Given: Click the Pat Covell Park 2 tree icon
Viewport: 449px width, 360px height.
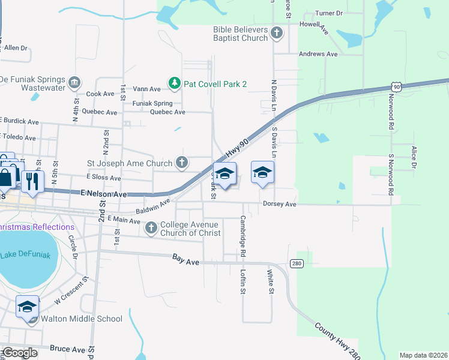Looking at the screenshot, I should coord(174,83).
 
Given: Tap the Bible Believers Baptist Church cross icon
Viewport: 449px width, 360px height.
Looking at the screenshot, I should coord(276,32).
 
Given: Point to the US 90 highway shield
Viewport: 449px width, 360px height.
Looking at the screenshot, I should coord(396,87).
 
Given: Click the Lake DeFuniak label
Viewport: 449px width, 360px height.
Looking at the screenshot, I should coord(29,255).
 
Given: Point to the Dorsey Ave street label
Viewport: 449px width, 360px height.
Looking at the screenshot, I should coord(280,204).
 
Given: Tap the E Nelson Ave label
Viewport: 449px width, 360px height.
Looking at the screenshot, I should coord(103,194).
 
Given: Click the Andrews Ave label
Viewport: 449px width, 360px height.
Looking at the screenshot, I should coord(318,54).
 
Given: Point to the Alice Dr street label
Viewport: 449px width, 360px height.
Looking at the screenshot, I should coord(414,156).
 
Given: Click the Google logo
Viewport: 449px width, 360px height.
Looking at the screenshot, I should coord(20,353).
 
